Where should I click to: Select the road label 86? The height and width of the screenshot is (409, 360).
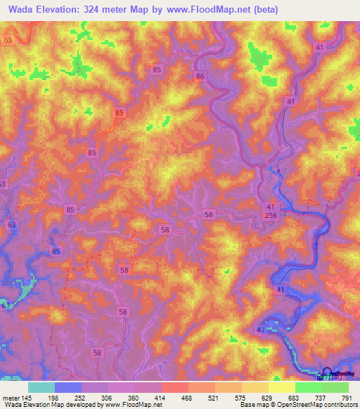tap(201, 77)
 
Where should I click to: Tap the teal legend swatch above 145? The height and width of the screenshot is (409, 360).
tap(41, 387)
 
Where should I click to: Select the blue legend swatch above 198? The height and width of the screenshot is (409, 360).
tap(68, 387)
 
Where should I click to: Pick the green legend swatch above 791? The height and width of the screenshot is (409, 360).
tap(335, 387)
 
